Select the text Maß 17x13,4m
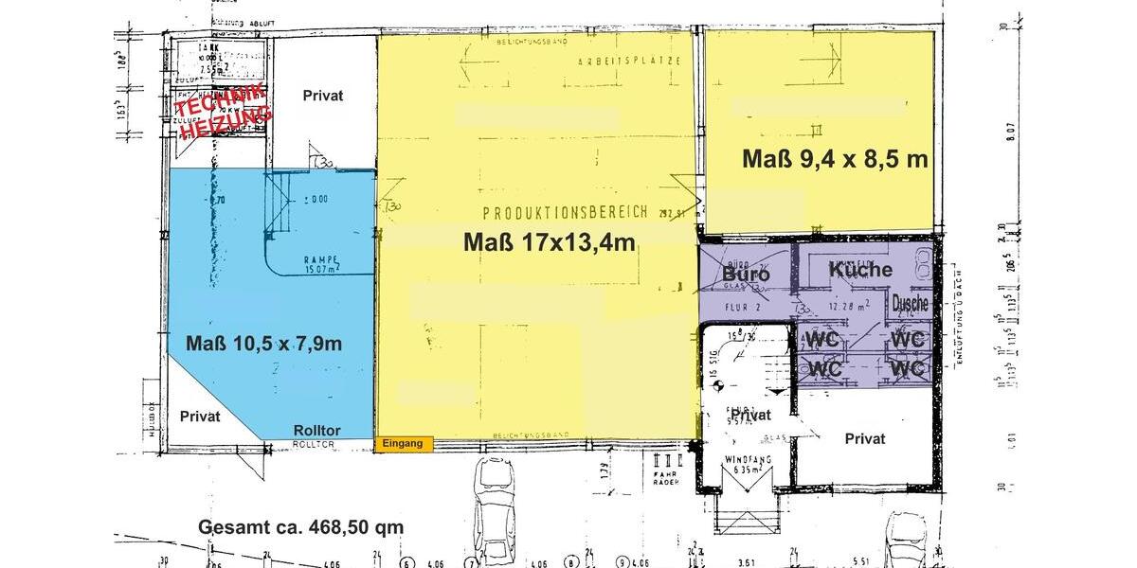[549, 242]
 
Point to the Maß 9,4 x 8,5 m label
[834, 159]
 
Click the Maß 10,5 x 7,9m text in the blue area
[263, 344]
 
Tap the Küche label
[860, 270]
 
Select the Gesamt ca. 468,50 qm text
[300, 527]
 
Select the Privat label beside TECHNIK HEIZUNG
[322, 96]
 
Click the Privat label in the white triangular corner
[200, 417]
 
